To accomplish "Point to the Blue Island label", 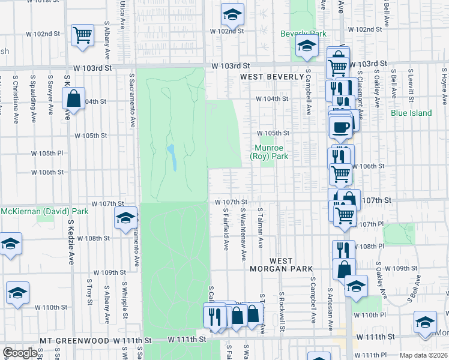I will (411, 113).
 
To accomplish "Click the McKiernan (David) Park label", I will (44, 211).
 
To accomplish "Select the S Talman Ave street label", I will (261, 228).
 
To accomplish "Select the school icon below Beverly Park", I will (306, 46).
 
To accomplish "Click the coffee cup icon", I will (340, 127).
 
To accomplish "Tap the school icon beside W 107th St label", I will (126, 218).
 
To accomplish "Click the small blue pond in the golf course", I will (171, 158).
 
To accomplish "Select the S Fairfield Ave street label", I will (226, 229).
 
